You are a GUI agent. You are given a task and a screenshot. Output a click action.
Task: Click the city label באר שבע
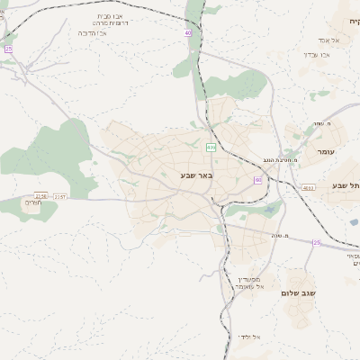[196, 175]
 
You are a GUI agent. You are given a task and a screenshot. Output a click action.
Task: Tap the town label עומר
[325, 152]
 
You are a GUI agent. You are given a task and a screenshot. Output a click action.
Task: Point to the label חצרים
[41, 204]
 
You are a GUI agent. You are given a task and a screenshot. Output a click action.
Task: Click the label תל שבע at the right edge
[346, 184]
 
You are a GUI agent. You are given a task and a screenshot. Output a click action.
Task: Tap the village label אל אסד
[328, 40]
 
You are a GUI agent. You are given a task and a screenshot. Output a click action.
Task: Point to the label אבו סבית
[117, 16]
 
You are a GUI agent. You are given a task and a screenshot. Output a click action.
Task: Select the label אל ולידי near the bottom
[250, 337]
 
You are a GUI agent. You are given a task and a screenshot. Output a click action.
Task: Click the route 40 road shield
[188, 33]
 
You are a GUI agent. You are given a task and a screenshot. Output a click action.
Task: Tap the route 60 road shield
[258, 180]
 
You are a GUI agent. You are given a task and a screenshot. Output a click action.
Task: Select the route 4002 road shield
[309, 187]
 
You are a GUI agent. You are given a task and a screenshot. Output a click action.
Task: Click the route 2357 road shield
[60, 195]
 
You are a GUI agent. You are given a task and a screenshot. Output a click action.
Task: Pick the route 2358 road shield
[40, 195]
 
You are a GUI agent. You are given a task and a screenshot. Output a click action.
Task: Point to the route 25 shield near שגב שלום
[316, 242]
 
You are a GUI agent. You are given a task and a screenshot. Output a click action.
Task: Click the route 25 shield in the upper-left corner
[8, 49]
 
